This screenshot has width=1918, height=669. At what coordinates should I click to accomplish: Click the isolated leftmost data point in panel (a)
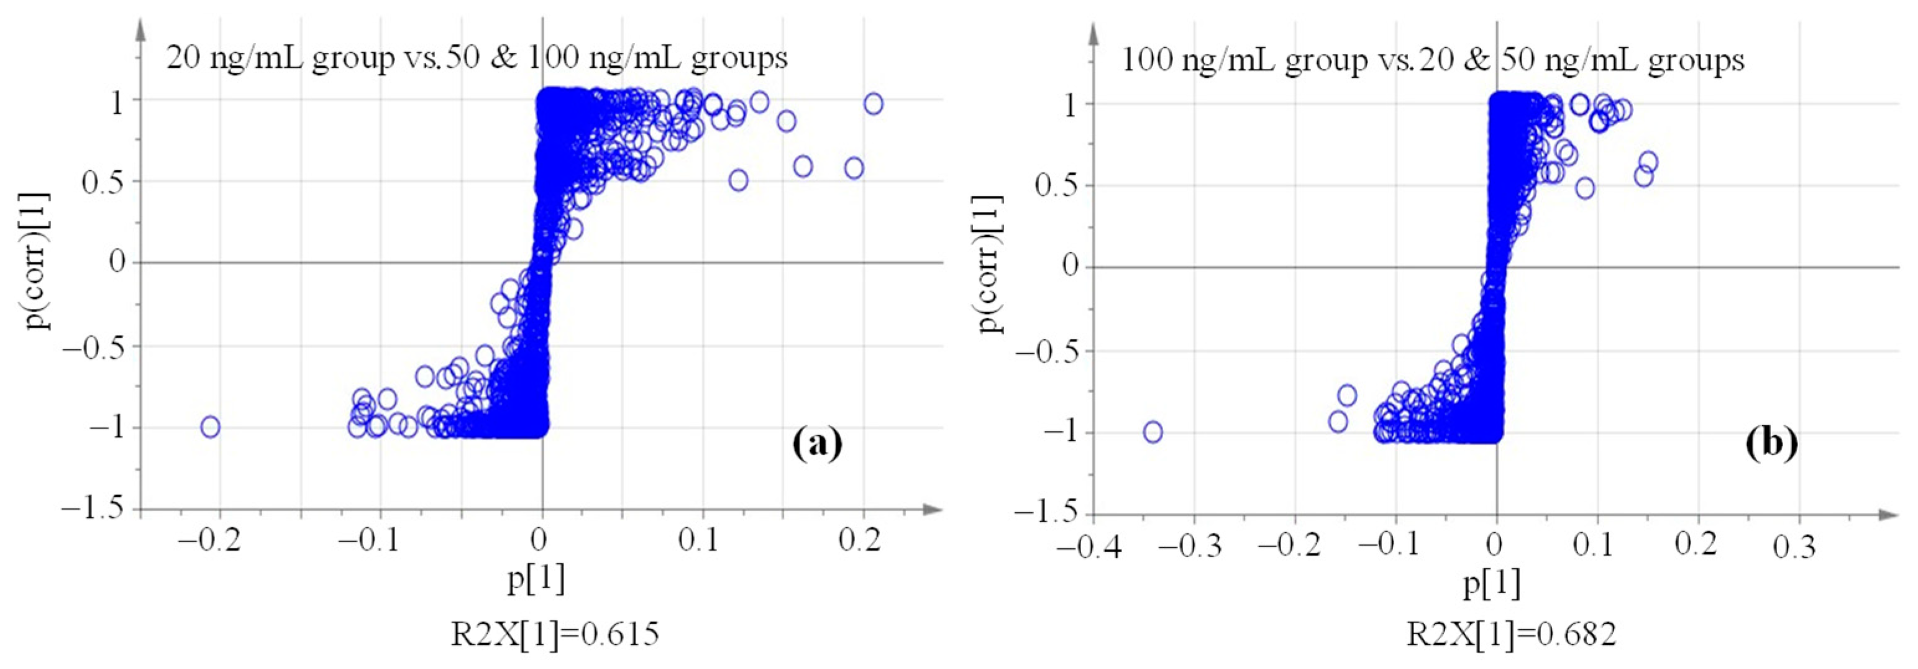click(211, 427)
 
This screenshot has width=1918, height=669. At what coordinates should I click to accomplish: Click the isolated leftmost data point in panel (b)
click(1153, 431)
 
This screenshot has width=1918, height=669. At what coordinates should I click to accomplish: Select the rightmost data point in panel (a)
click(874, 104)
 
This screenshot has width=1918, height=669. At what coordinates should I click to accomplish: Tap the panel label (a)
click(817, 444)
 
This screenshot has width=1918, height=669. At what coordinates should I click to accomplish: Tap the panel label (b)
click(1771, 444)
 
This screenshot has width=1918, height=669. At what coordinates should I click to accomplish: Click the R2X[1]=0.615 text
click(555, 634)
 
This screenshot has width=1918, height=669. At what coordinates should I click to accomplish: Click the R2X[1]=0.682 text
click(1510, 634)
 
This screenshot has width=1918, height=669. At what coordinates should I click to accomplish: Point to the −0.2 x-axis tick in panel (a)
click(210, 540)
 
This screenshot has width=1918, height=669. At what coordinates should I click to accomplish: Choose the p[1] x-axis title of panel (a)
click(536, 578)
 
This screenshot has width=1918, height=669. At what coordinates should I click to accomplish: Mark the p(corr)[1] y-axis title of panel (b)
click(990, 264)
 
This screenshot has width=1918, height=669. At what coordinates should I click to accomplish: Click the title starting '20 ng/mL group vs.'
click(477, 58)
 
